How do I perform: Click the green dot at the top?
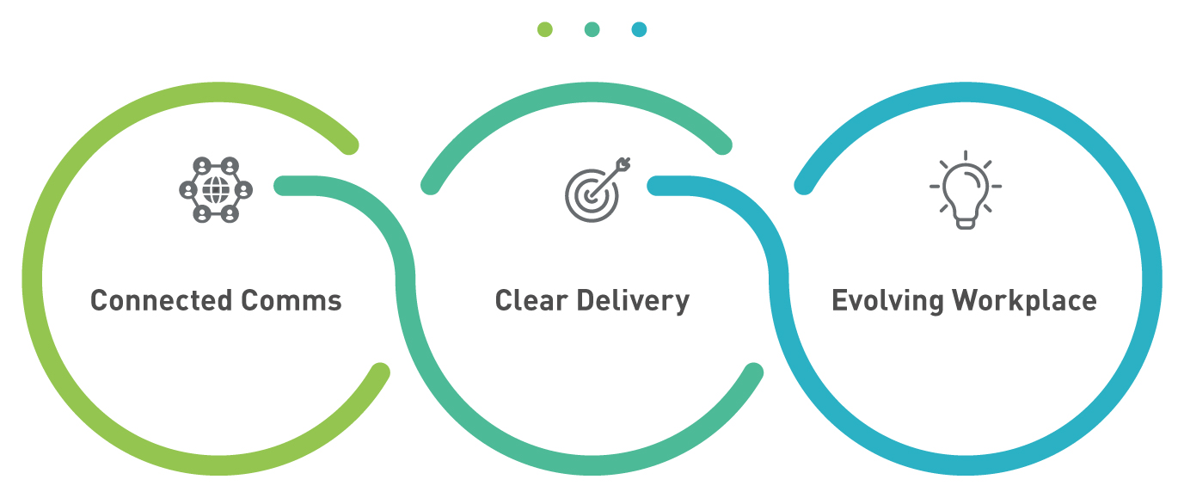coord(544,30)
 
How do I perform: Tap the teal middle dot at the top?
coord(592,30)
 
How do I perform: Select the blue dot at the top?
coord(639,30)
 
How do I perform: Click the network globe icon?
coord(215,189)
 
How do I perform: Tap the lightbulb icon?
coord(965,190)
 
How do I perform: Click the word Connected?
coord(161,301)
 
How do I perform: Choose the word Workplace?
coord(1024,301)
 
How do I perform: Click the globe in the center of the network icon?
coord(215,189)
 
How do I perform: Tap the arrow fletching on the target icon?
coord(624,163)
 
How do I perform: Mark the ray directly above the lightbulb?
coord(966,156)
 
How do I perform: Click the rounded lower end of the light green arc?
coord(380,372)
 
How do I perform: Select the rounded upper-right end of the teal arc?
coord(722,145)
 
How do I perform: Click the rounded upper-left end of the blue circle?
coord(803,185)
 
